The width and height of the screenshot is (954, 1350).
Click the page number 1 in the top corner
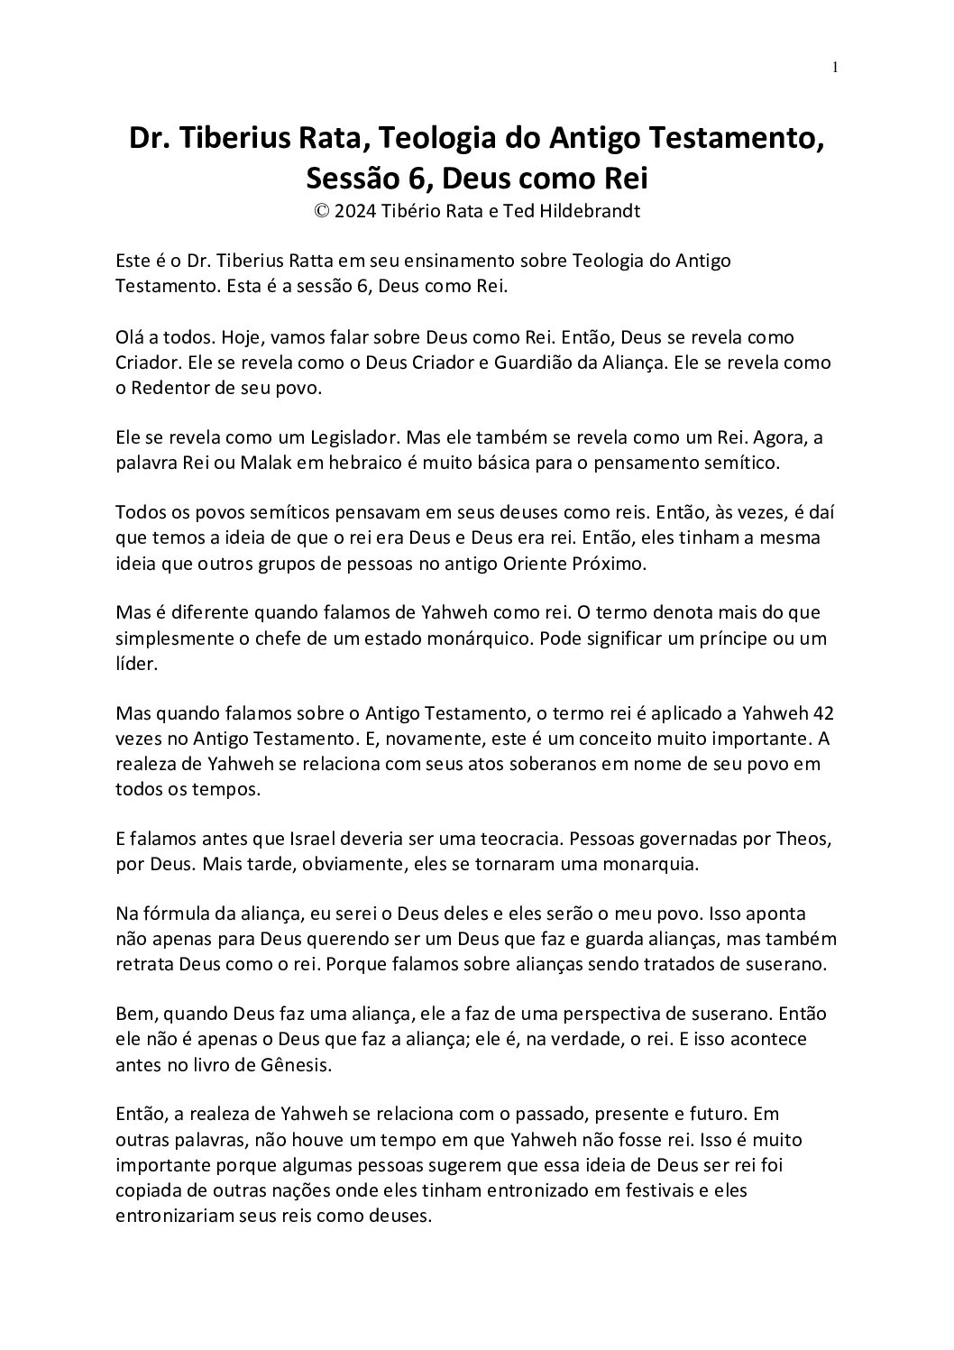pyautogui.click(x=836, y=66)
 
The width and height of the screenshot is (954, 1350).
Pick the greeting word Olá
pyautogui.click(x=131, y=338)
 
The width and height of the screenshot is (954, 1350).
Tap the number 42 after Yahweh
pyautogui.click(x=822, y=714)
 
